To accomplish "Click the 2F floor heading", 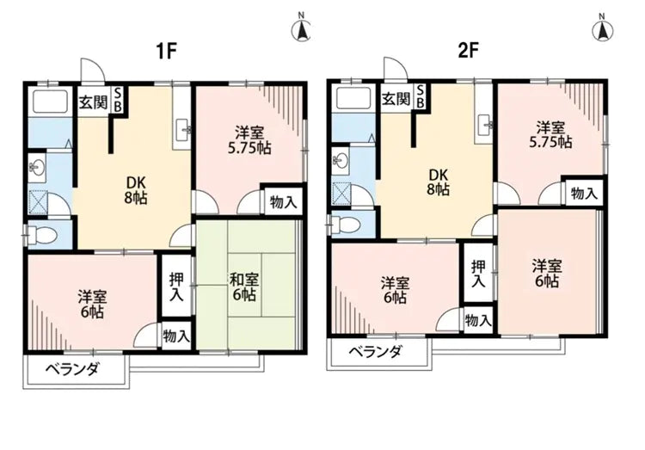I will point(467,51).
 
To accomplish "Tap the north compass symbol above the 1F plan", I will point(302,28).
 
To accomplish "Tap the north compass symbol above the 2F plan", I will point(602,28).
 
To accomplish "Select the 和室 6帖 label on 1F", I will point(243,287).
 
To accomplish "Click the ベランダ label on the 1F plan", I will point(73,369).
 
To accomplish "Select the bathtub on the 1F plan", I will point(47,105).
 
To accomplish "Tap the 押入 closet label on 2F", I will point(478,274).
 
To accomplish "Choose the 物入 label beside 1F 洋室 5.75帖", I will point(283,202).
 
